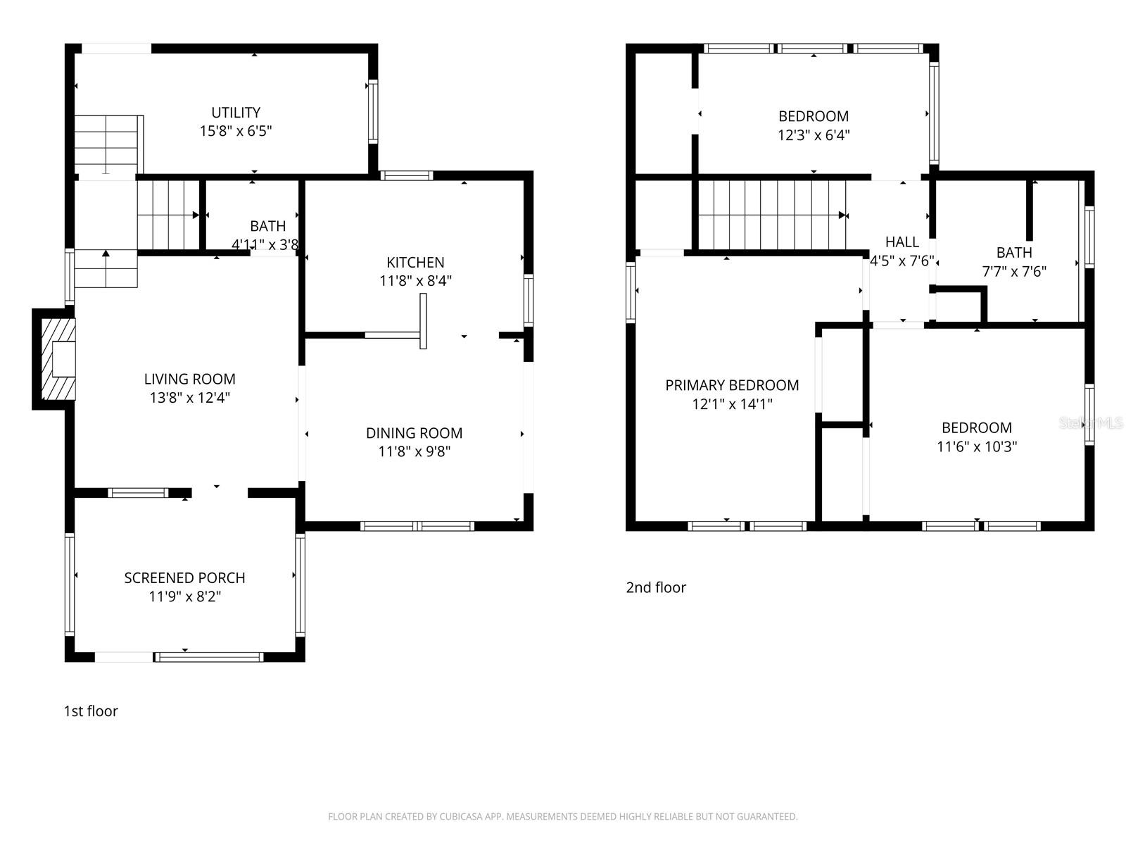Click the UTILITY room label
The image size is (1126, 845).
pos(236,113)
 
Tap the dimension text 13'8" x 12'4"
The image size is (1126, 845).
pos(189,398)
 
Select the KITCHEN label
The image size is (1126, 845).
pos(415,263)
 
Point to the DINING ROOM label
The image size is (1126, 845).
pos(414,433)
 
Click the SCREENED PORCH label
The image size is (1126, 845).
pos(184,578)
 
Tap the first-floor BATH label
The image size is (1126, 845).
pos(267,226)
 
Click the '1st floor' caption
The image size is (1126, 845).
pos(91,711)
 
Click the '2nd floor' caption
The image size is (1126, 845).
pos(656,587)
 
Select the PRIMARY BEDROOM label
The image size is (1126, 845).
pos(732,385)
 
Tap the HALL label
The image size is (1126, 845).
pos(902,242)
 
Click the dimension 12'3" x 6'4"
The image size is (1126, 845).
pos(814,135)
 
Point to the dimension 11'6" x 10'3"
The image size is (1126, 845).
pos(977,446)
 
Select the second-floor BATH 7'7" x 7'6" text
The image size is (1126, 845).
pos(1014,262)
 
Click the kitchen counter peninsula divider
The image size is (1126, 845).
pos(423,321)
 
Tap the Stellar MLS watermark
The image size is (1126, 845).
pos(1092,423)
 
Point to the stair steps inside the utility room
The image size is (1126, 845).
pos(107,144)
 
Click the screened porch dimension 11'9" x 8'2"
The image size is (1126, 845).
pos(184,597)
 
